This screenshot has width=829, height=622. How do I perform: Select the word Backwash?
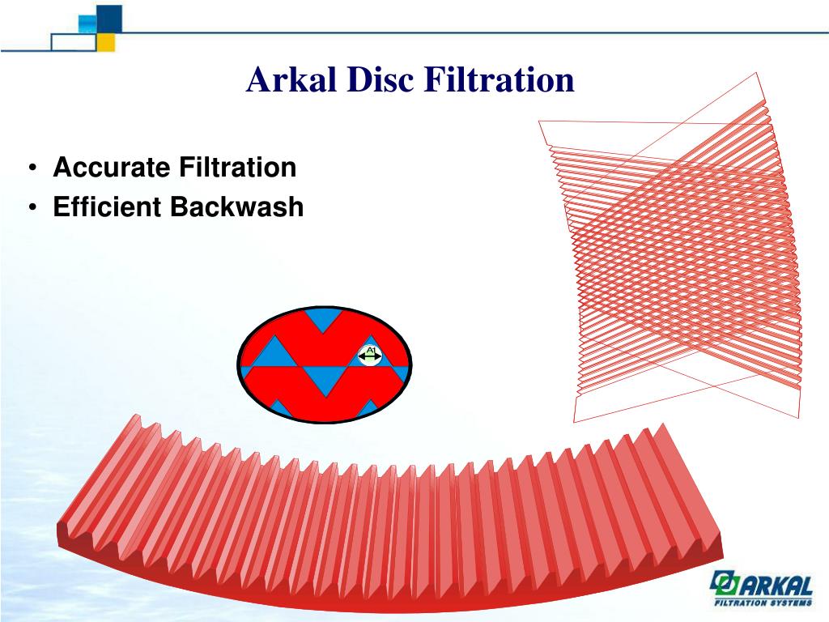(x=236, y=207)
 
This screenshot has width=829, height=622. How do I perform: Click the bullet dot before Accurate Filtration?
(x=32, y=169)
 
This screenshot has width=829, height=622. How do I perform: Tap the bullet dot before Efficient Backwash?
(x=32, y=208)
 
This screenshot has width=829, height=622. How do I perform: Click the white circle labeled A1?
(x=370, y=354)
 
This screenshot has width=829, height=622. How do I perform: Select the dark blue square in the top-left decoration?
(x=110, y=16)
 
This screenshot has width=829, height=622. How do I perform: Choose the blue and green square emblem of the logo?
(x=722, y=584)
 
